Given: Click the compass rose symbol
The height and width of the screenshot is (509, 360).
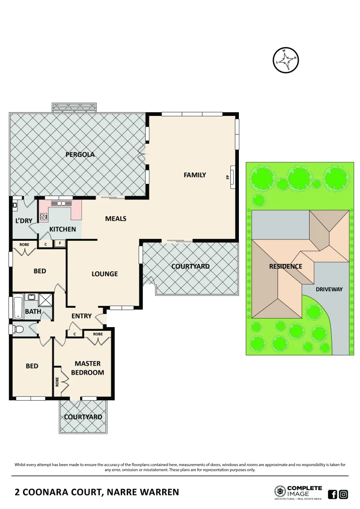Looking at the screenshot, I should coord(286,60).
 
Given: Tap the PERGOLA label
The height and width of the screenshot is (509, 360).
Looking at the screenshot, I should coord(80,154).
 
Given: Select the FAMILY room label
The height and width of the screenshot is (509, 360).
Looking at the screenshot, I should coord(195,175).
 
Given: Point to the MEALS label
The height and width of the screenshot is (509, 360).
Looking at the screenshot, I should coord(115,219).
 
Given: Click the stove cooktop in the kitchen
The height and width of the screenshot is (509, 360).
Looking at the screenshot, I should coord(44,217).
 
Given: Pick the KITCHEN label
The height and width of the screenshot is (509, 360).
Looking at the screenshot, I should coord(63,230).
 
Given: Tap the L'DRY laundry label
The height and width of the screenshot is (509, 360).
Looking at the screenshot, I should coord(24,221).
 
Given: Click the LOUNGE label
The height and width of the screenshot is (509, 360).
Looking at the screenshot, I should coord(105,274).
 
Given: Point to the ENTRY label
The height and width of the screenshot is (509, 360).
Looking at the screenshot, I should coord(81,316).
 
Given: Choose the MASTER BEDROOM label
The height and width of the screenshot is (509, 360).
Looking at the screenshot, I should coord(87,368).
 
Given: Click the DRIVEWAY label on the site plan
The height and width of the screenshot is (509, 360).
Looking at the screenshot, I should coord(329,289).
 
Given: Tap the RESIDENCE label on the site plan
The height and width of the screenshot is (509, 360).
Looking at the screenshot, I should coord(286,266).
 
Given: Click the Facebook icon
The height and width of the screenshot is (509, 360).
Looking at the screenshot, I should coord(332,494).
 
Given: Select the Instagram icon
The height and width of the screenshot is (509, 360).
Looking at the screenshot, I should coord(344,494).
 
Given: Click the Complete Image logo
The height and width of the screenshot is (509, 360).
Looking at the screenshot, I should coord(298,492).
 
